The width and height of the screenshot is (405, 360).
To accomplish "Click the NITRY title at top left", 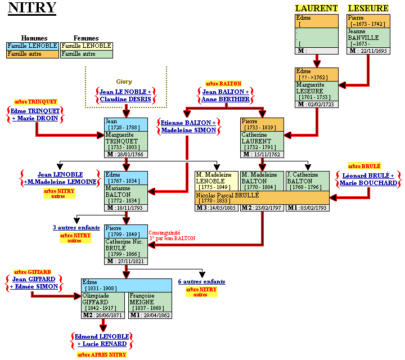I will point(32,8).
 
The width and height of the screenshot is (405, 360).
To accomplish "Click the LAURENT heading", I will point(317,8).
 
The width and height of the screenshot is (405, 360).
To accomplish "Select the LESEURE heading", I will point(368,8).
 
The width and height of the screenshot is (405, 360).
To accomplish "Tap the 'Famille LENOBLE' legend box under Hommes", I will point(32,46).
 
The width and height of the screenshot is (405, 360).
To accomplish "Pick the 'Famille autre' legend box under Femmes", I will point(86,54).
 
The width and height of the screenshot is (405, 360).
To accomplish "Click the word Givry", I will point(124,82).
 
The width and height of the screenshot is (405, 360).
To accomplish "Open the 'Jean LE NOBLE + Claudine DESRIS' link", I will point(125,96).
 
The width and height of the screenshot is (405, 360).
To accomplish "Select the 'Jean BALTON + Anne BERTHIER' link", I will point(226,96).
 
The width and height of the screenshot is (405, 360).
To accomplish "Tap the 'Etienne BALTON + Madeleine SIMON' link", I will point(188,127).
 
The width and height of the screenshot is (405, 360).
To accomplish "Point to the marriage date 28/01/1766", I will point(130,154).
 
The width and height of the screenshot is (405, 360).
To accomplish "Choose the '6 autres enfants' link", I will point(201,281).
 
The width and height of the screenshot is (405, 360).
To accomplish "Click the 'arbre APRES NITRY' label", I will point(102,354).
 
